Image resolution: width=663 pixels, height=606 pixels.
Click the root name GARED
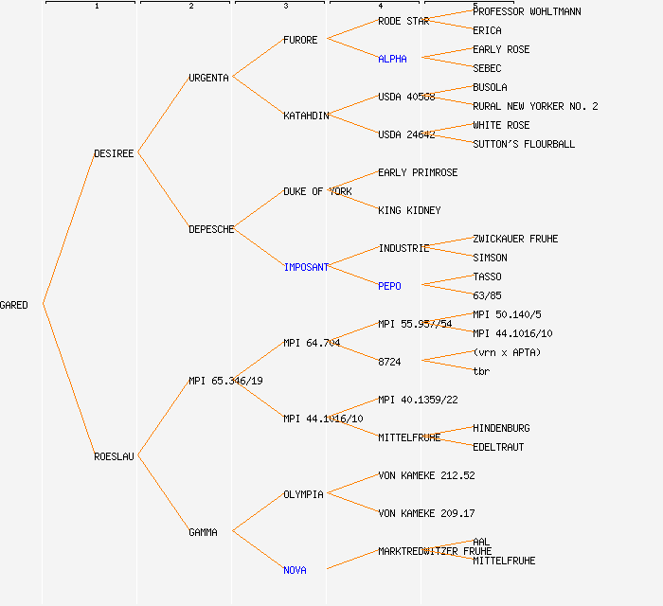14,305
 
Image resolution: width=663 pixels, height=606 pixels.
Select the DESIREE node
115,153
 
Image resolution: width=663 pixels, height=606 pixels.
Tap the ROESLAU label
115,456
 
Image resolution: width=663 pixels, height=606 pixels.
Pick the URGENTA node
208,78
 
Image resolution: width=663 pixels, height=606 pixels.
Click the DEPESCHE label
211,229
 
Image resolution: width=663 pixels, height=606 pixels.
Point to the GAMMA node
203,532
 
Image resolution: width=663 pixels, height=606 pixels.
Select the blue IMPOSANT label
306,267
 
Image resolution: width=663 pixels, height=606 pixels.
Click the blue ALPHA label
392,59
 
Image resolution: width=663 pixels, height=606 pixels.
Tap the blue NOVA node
295,570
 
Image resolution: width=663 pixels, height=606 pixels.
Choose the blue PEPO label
389,286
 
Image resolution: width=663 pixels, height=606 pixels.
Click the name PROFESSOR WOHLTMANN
527,11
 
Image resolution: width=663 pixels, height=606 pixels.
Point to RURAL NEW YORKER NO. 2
535,106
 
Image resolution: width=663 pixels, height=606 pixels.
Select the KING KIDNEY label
409,210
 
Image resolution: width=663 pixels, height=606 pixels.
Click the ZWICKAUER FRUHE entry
515,239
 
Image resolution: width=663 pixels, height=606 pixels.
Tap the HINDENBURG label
501,428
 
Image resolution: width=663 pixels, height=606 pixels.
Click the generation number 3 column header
285,7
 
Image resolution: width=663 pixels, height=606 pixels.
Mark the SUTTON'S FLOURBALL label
524,144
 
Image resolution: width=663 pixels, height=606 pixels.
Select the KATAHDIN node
306,116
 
